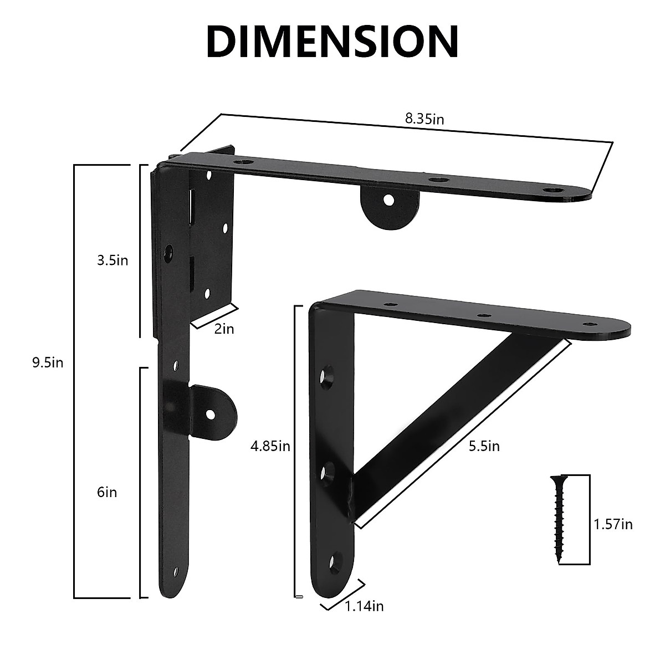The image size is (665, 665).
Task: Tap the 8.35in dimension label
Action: coord(424,119)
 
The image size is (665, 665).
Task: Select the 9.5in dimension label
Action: coord(48,362)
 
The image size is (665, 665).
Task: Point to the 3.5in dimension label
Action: coord(112,260)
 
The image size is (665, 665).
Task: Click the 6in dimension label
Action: coord(107,492)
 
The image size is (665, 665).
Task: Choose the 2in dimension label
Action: coord(224,329)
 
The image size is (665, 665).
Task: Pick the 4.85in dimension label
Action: coord(270,446)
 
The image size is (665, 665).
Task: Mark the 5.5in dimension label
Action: coord(484,446)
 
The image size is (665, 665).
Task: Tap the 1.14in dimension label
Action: coord(364,606)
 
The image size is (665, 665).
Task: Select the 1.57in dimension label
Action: coord(613,524)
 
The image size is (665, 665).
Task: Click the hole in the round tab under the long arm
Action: coord(389,199)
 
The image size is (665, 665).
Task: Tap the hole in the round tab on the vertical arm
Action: coord(211,413)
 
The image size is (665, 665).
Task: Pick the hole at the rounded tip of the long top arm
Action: coord(552,190)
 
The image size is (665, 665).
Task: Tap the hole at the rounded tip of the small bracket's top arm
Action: coord(587,323)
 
